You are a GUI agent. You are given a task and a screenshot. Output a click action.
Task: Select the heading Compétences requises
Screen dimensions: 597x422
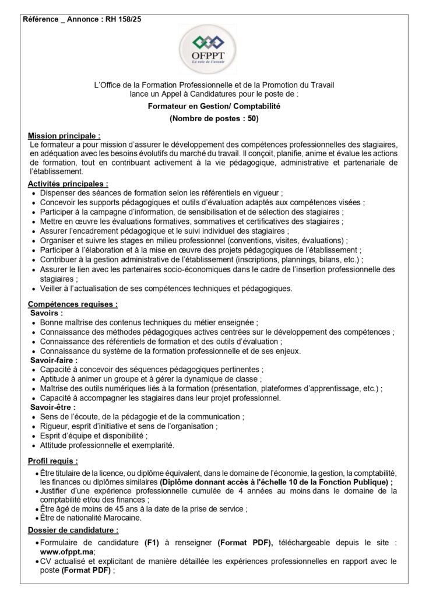(x=72, y=304)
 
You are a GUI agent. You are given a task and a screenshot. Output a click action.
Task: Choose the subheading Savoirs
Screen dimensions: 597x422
(x=46, y=312)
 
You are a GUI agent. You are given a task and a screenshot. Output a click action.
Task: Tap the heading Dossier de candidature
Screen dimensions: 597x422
(x=73, y=530)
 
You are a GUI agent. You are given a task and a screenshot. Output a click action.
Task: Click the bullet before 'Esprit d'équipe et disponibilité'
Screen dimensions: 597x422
(x=34, y=436)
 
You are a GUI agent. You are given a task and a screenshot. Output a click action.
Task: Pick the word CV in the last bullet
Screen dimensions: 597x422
(x=47, y=561)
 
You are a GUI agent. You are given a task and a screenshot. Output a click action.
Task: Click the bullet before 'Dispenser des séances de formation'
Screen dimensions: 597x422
(x=34, y=192)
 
